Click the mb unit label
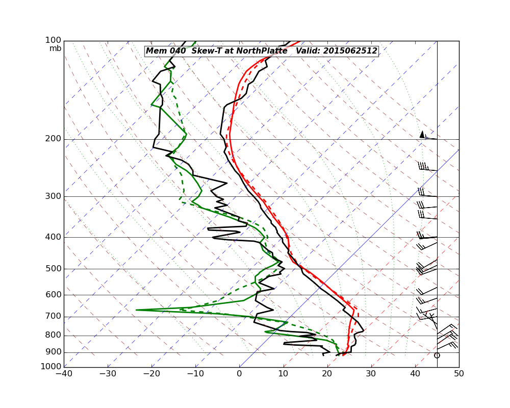tap(55, 48)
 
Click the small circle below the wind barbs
tap(437, 355)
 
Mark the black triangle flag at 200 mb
tap(422, 134)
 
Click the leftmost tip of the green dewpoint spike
tap(136, 310)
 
